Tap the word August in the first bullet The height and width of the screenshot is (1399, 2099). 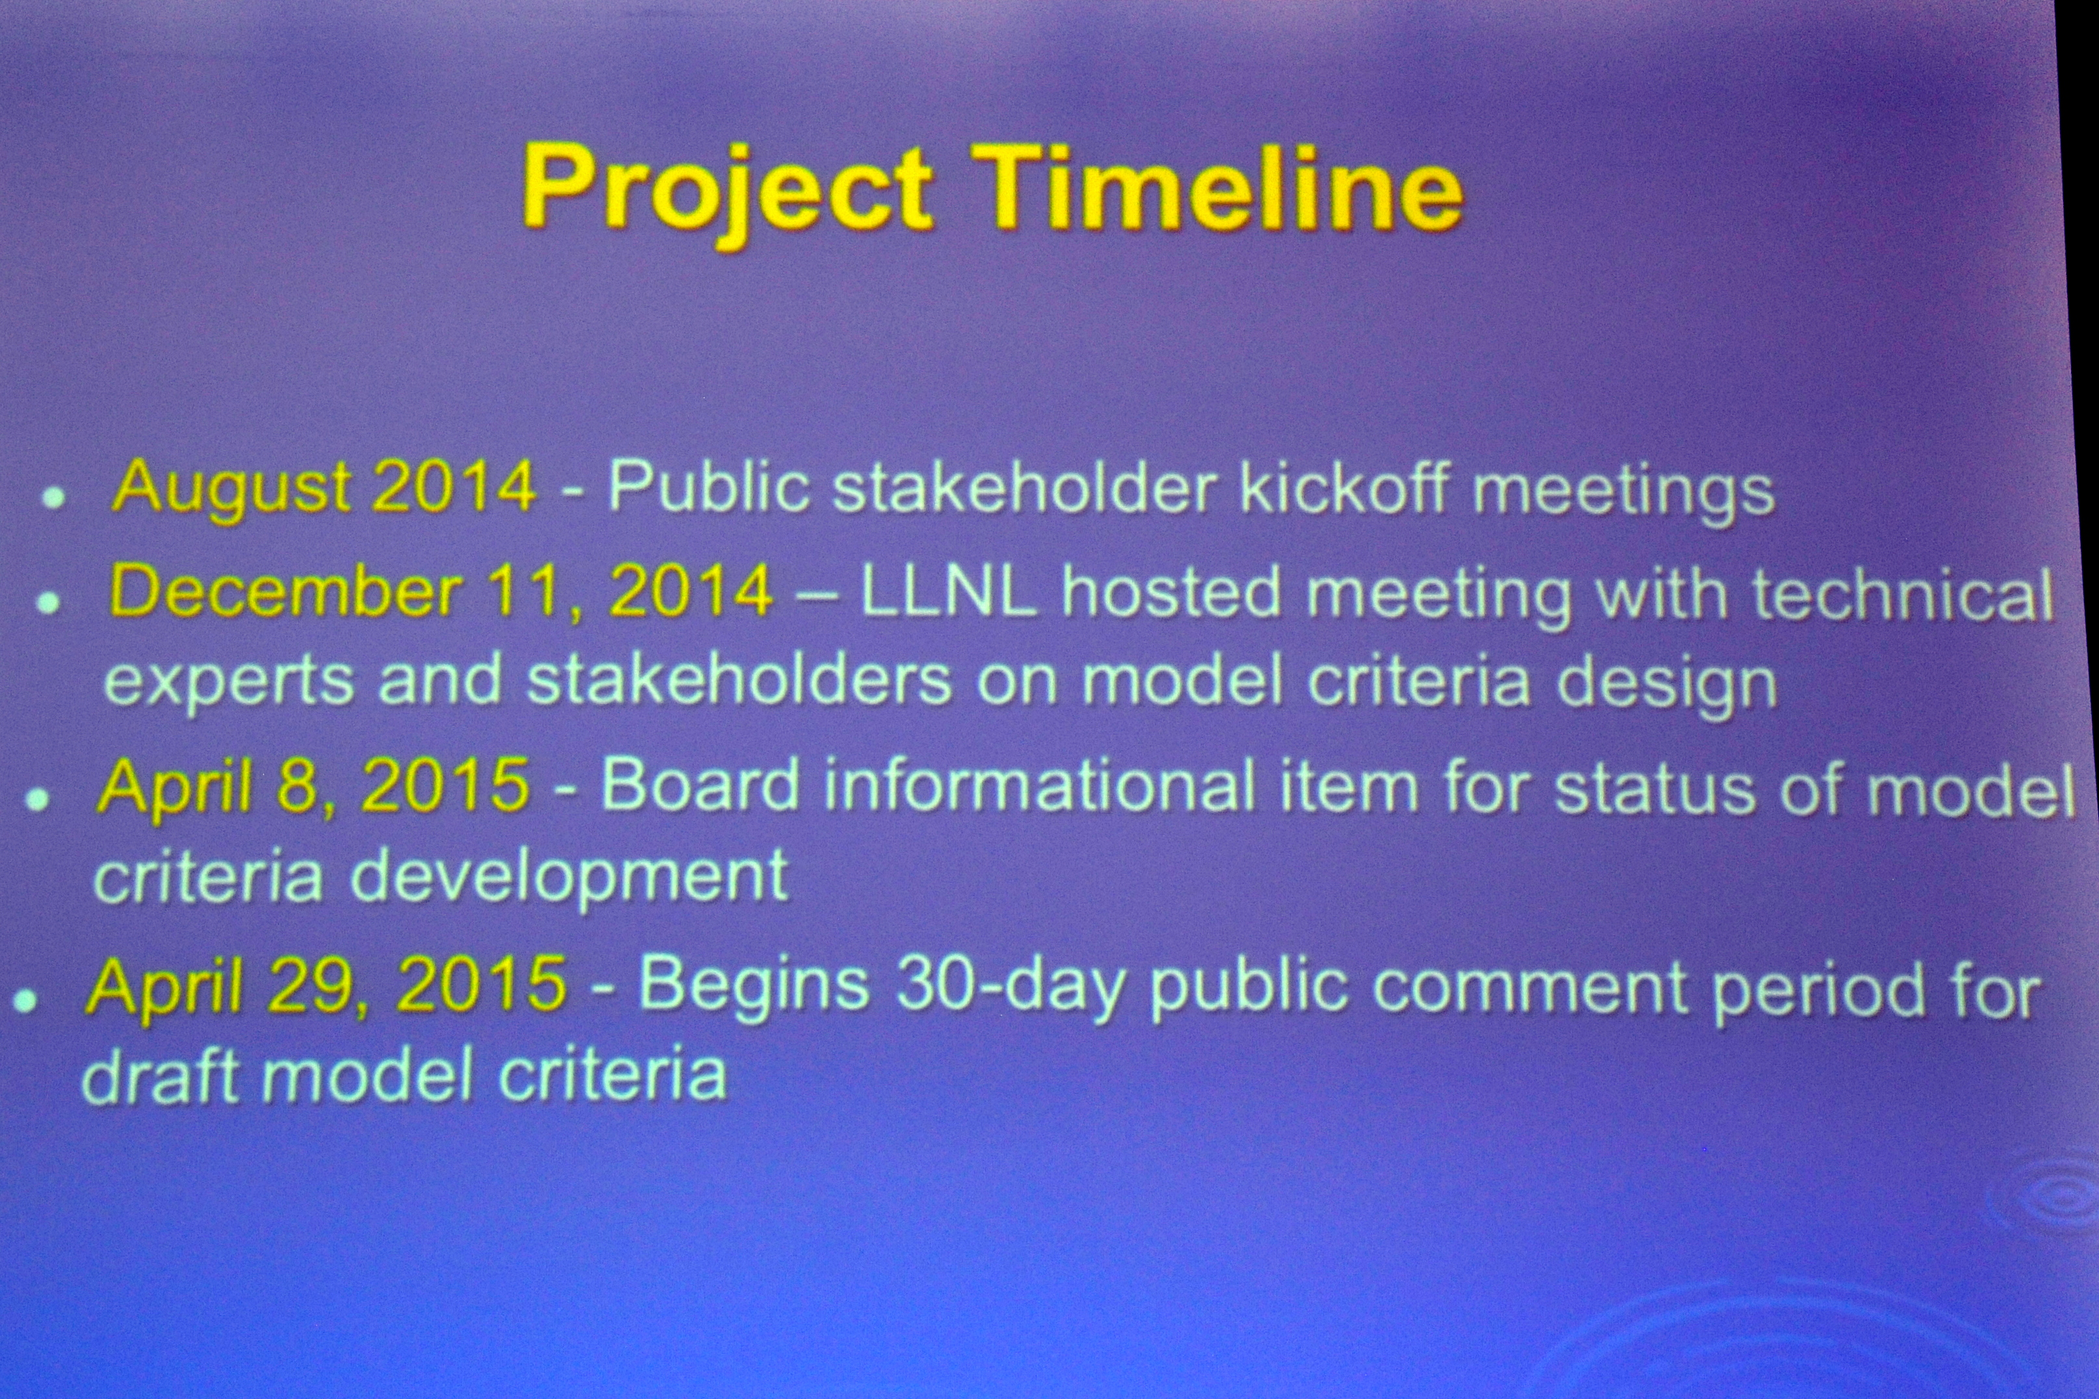click(231, 490)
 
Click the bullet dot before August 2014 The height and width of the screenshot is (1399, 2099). click(55, 496)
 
